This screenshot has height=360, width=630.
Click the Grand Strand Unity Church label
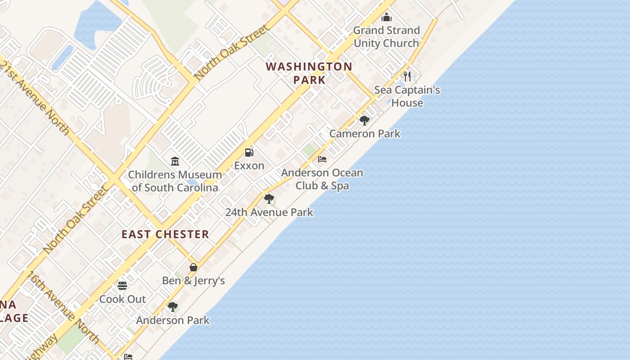point(386,37)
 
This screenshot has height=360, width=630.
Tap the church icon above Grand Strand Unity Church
point(386,18)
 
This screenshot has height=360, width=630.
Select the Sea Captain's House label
point(407,96)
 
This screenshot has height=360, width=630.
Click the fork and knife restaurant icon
point(407,76)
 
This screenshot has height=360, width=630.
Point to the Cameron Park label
point(364,134)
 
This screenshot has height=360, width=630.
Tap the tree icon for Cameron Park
point(364,120)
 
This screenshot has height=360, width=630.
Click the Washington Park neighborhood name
point(309,73)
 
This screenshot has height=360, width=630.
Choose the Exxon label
point(249,166)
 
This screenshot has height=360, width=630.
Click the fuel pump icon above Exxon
point(249,153)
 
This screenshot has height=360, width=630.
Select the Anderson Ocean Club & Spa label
point(322,179)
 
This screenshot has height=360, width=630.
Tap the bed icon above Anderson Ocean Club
point(322,159)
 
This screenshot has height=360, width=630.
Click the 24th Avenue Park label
point(269,212)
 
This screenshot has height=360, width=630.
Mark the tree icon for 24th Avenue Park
point(269,198)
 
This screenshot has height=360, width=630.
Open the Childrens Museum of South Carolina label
point(175,181)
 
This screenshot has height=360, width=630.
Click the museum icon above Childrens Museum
point(175,161)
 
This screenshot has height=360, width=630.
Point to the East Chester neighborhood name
point(165,234)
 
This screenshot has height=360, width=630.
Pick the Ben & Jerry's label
point(193,281)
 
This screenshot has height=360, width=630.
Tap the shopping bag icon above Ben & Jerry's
point(193,267)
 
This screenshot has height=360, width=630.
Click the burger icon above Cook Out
point(122,286)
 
